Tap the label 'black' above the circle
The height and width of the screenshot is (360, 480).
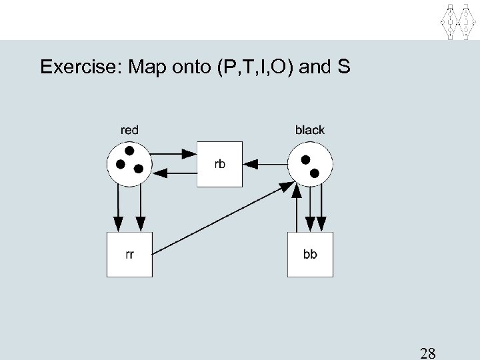[309, 130]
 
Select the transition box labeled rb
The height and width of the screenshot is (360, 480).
[220, 165]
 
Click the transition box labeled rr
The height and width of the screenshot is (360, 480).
[129, 254]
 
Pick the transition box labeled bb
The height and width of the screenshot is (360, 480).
[310, 254]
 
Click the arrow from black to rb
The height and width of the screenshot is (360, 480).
[265, 163]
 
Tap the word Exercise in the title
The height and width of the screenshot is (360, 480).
[77, 67]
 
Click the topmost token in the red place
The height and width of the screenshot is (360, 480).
[129, 150]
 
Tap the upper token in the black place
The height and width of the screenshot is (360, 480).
[305, 160]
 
